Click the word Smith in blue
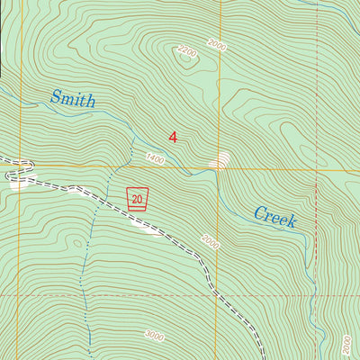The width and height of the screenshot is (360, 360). coord(72,100)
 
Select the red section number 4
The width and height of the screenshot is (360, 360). coord(173,137)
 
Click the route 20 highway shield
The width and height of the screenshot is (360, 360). coord(137,198)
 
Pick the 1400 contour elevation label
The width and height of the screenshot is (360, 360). coord(155,157)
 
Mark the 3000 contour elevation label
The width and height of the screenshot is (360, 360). coord(154,336)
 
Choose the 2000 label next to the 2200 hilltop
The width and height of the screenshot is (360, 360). coord(216,43)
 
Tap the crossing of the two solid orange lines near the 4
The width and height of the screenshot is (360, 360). coord(217,167)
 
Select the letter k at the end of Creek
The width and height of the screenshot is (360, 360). coord(292,221)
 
